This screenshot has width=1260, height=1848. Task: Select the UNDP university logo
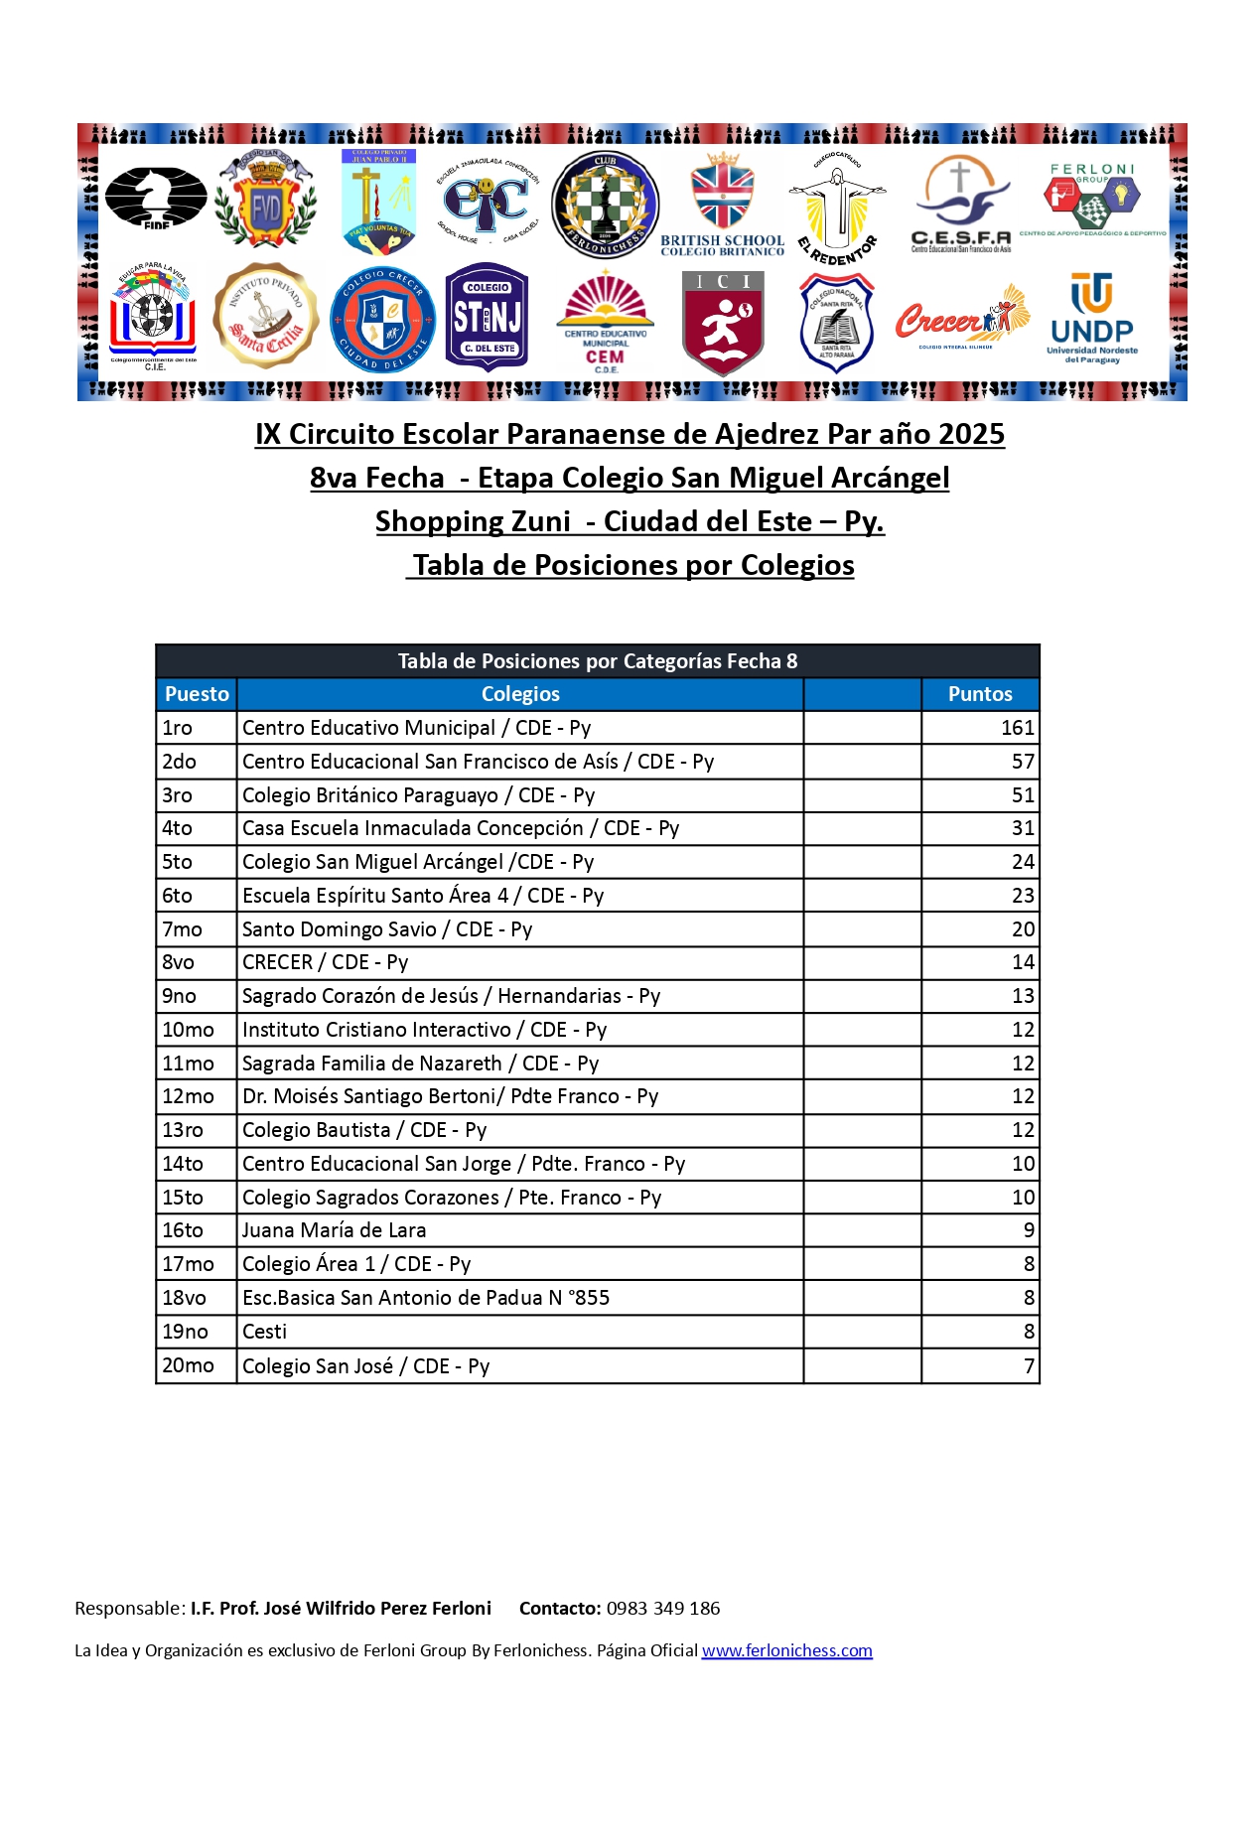(x=1091, y=319)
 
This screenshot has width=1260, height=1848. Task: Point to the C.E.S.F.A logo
(x=960, y=206)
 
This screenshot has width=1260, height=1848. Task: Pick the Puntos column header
(x=979, y=694)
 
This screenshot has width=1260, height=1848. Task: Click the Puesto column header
(x=197, y=694)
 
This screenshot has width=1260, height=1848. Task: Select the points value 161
(x=1017, y=728)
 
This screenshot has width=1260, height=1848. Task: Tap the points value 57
(x=1023, y=762)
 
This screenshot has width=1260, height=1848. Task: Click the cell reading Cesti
(x=265, y=1332)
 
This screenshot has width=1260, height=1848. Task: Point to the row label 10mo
(x=188, y=1030)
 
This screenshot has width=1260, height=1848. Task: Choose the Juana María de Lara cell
(x=335, y=1230)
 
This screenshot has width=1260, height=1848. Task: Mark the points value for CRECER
(x=1023, y=962)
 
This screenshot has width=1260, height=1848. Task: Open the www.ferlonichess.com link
(x=786, y=1650)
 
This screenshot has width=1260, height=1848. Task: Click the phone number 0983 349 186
(x=663, y=1609)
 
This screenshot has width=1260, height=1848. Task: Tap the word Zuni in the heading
(x=540, y=521)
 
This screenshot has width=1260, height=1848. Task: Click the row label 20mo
(x=188, y=1365)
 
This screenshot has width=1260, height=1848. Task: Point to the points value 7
(x=1029, y=1366)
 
